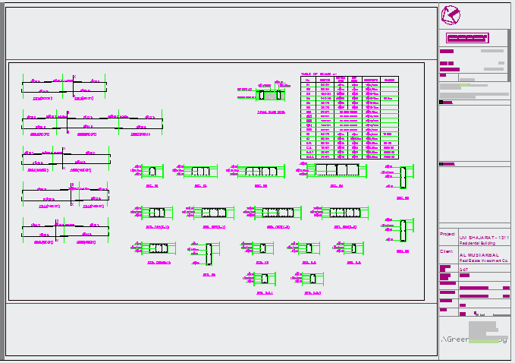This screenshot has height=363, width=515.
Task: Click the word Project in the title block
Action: pyautogui.click(x=448, y=234)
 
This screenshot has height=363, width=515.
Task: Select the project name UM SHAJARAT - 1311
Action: pyautogui.click(x=483, y=238)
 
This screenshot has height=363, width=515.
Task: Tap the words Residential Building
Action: pyautogui.click(x=478, y=243)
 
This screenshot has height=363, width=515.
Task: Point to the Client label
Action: pyautogui.click(x=447, y=251)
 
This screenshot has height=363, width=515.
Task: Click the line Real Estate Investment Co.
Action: pyautogui.click(x=483, y=260)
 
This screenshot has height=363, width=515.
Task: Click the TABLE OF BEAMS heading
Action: pyautogui.click(x=318, y=74)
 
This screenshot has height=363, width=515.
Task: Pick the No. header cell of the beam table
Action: pyautogui.click(x=307, y=79)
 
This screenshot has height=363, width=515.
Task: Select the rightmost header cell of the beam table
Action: pyautogui.click(x=389, y=79)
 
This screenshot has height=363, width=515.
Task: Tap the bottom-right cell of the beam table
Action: pyautogui.click(x=389, y=157)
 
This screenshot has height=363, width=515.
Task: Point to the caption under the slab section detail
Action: pyautogui.click(x=271, y=112)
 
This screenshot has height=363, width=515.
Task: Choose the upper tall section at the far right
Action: pyautogui.click(x=404, y=177)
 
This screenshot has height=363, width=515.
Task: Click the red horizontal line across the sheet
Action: pyautogui.click(x=220, y=59)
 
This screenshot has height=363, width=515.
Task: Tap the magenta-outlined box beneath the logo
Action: pyautogui.click(x=467, y=38)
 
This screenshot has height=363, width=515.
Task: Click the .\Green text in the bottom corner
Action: pyautogui.click(x=454, y=339)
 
